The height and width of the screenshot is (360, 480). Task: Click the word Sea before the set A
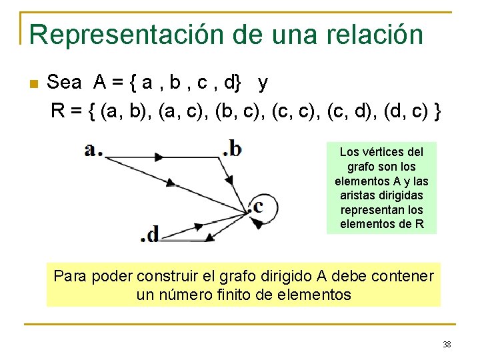(x=65, y=83)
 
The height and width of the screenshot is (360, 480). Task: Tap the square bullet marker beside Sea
(x=34, y=84)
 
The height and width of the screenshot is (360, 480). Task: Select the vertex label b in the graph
(x=235, y=148)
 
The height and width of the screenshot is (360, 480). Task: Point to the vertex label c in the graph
(x=257, y=206)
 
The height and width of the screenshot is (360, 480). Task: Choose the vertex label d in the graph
(x=153, y=234)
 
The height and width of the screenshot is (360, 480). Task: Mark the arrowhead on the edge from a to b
(x=159, y=157)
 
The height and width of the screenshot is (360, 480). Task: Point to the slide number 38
(x=447, y=345)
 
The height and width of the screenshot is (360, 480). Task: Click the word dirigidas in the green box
(x=403, y=195)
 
